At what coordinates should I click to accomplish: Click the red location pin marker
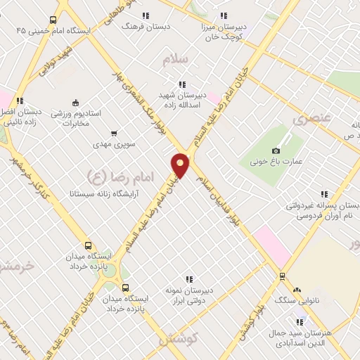[181, 165]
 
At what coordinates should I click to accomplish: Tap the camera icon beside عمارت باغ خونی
[276, 151]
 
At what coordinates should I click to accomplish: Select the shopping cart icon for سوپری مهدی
[114, 134]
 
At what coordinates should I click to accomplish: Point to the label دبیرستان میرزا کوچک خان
[223, 30]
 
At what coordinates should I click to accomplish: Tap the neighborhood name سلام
[176, 60]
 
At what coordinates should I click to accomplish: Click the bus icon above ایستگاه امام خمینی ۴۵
[53, 20]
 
